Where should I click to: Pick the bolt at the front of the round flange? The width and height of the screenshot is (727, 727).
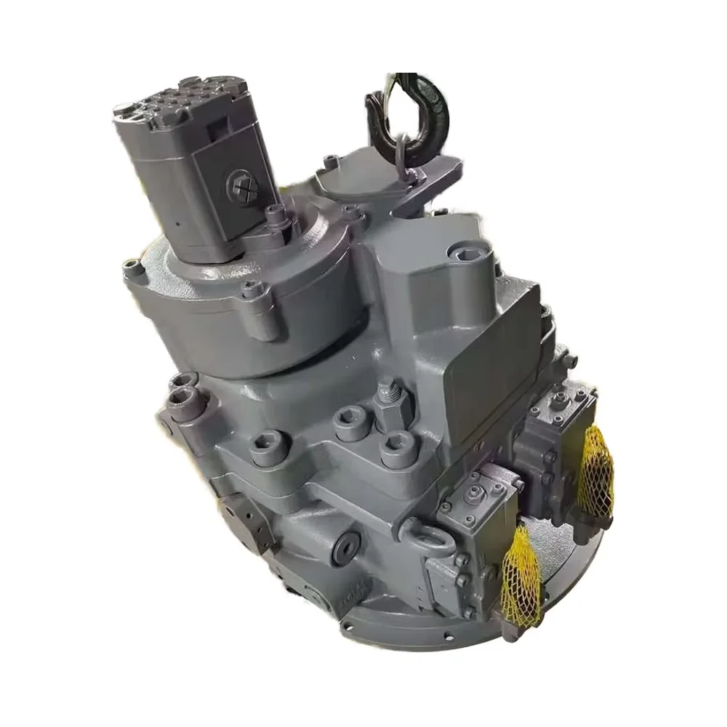pyautogui.click(x=252, y=291)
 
